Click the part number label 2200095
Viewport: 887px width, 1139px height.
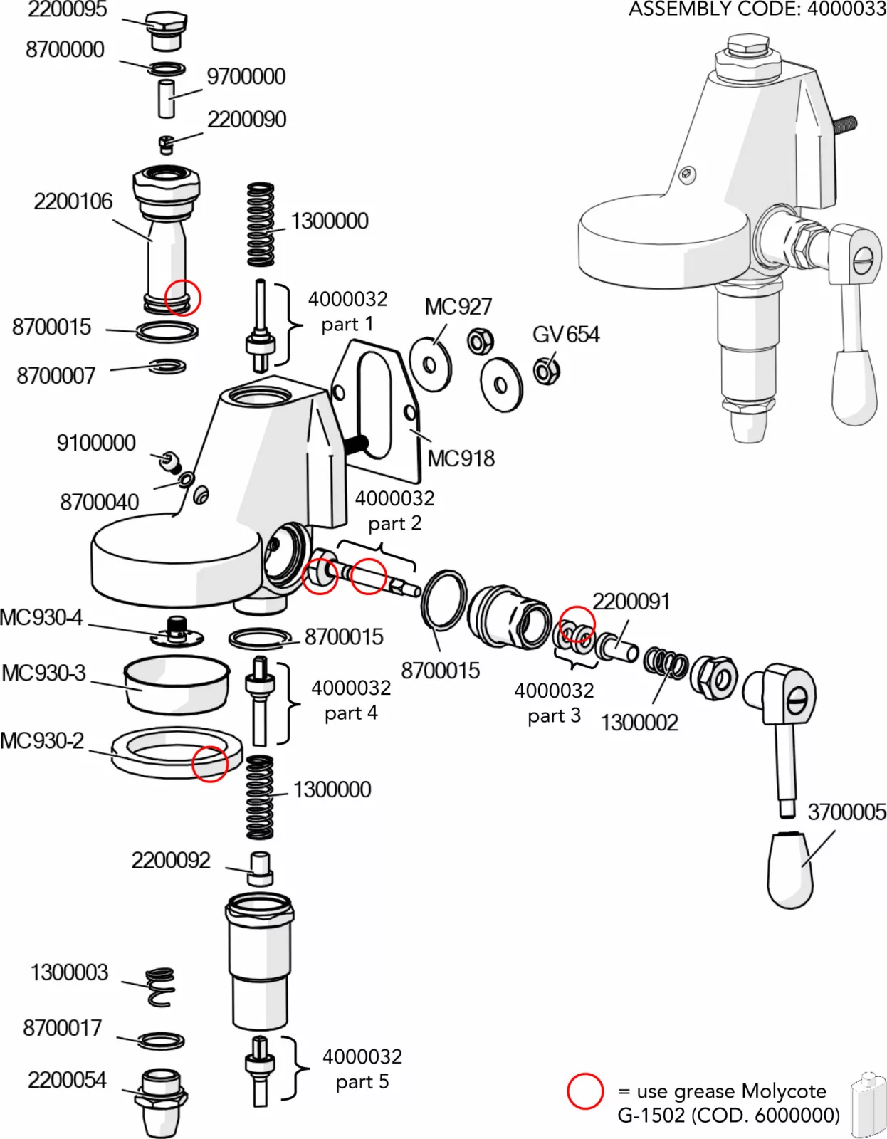(x=67, y=9)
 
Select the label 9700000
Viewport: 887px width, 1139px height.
(x=246, y=76)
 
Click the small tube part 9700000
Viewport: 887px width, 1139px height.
(x=166, y=99)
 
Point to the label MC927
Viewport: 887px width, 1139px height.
(x=458, y=307)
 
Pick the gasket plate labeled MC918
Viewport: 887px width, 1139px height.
(x=375, y=409)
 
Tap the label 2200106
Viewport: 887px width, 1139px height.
(x=73, y=201)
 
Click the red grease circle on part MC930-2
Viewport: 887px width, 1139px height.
(x=209, y=764)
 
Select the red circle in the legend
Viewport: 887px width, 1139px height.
(x=585, y=1091)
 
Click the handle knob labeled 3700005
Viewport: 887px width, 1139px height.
(x=790, y=870)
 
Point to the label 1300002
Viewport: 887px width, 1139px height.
(x=639, y=723)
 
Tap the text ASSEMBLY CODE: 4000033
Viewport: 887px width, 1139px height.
(x=757, y=9)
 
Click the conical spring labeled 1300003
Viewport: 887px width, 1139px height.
(x=161, y=986)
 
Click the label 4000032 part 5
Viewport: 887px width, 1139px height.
(x=362, y=1069)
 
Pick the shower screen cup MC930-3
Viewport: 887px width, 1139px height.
(x=177, y=684)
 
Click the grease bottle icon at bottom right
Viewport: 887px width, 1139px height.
(x=868, y=1106)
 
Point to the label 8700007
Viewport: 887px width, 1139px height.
(x=56, y=375)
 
